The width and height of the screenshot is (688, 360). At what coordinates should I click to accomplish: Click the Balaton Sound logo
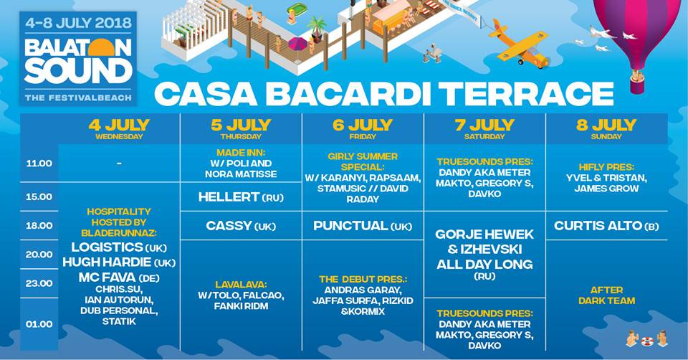click(x=78, y=59)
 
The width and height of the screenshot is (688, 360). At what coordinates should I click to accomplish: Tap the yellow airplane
click(x=520, y=44)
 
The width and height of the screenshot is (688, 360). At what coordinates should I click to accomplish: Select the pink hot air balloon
click(x=639, y=39)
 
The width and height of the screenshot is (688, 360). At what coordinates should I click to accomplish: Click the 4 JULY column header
click(x=119, y=128)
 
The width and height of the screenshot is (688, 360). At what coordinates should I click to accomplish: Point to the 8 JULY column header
click(x=606, y=128)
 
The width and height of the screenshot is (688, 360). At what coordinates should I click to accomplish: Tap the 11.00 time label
click(x=39, y=164)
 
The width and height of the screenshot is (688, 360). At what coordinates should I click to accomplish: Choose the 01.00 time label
click(x=39, y=324)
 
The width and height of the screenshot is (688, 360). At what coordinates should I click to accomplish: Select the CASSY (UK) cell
click(x=241, y=226)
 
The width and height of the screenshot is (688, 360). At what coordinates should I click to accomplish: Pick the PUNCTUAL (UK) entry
click(x=363, y=226)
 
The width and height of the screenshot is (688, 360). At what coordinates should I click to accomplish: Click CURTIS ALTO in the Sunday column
click(x=598, y=226)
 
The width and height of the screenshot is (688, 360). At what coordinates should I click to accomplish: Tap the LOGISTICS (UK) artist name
click(x=119, y=247)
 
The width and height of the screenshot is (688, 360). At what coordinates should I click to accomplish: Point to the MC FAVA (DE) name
click(x=119, y=278)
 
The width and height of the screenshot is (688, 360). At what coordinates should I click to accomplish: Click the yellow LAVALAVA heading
click(x=241, y=285)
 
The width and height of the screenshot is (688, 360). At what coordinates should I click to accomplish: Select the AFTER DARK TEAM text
click(x=607, y=295)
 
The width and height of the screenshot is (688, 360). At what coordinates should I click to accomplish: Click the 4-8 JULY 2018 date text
click(x=78, y=23)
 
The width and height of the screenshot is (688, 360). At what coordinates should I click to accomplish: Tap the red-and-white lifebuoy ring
click(x=647, y=341)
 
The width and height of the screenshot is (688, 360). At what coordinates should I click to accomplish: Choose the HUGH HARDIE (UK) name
click(x=119, y=262)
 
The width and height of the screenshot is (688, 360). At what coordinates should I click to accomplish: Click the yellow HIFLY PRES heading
click(x=606, y=167)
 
